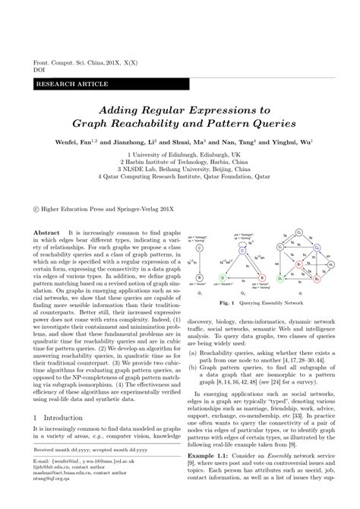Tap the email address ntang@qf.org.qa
(45, 498)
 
